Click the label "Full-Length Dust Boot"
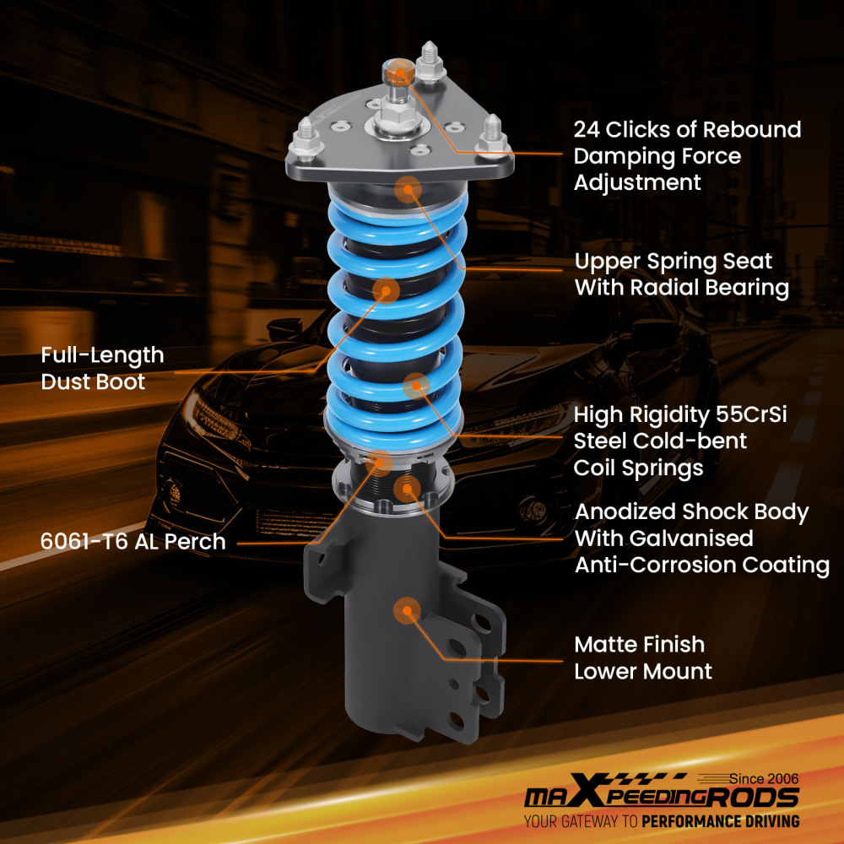click(102, 369)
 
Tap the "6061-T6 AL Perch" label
click(133, 541)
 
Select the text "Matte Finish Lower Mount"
click(643, 657)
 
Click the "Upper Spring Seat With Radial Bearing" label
click(681, 274)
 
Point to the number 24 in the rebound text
click(587, 130)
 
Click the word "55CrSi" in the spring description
click(756, 414)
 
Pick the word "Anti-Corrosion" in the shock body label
click(643, 565)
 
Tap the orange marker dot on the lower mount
click(407, 610)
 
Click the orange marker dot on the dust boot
click(386, 290)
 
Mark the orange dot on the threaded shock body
click(408, 489)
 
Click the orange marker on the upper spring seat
click(408, 188)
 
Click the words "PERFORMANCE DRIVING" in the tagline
click(720, 821)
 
